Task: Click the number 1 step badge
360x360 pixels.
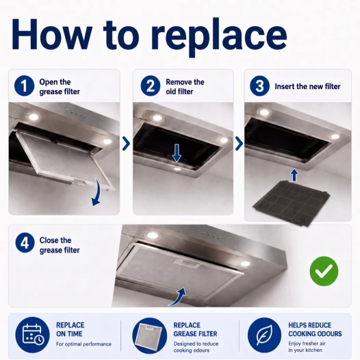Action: (25, 86)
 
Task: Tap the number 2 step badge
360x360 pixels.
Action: (151, 86)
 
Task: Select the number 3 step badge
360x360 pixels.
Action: (259, 86)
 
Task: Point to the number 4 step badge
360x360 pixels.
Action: (25, 243)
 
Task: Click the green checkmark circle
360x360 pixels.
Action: (324, 271)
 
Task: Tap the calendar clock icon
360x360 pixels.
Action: (32, 335)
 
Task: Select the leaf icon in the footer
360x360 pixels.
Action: (264, 335)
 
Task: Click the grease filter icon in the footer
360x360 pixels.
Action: (150, 335)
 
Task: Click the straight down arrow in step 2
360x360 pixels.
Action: (177, 153)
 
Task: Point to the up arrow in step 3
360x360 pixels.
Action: (294, 175)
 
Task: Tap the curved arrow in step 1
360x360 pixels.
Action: (98, 193)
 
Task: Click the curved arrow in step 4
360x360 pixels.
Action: (179, 298)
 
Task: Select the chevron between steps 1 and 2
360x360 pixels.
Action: (126, 144)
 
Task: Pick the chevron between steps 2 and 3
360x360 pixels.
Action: (239, 144)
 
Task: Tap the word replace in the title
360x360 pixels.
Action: (218, 36)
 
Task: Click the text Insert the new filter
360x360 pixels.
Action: (307, 86)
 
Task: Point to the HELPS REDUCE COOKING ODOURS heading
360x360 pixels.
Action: (315, 329)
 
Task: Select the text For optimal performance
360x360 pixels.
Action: (83, 344)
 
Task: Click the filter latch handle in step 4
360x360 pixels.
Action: (187, 264)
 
